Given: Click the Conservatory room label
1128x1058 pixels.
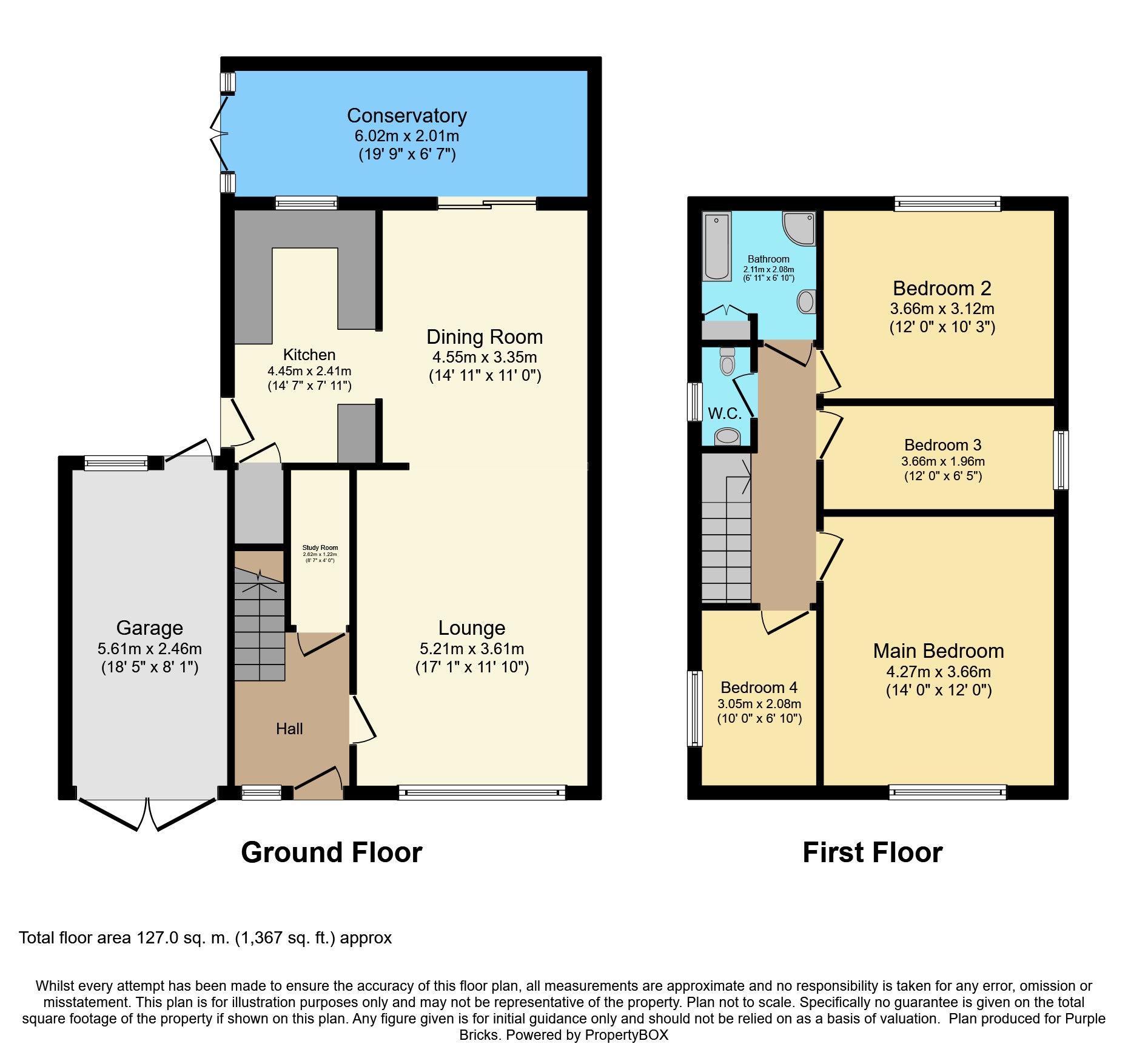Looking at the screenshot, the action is click(407, 115).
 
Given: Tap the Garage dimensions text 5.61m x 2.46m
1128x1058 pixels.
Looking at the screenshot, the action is click(150, 649).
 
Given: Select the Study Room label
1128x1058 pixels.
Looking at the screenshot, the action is click(320, 547).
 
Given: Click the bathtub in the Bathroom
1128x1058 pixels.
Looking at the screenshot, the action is click(717, 246).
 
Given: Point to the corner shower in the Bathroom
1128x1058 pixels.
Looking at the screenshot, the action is click(799, 228).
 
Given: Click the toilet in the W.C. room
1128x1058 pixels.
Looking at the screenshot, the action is click(727, 361).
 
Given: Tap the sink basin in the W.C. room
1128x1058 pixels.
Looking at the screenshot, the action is click(727, 436).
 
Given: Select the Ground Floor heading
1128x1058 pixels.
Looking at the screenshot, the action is click(332, 852).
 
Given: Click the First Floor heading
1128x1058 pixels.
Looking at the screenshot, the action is click(873, 852).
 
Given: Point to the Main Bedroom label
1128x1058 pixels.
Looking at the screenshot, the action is click(939, 651).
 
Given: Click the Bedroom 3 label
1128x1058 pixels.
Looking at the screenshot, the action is click(943, 445).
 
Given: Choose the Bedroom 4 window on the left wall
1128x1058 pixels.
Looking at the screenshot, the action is click(695, 708).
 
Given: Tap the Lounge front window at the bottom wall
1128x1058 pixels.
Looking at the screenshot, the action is click(482, 792).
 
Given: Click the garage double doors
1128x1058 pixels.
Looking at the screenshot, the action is click(147, 814).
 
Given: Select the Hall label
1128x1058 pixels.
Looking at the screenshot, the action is click(289, 729).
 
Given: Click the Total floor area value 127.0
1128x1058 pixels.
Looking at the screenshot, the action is click(158, 938).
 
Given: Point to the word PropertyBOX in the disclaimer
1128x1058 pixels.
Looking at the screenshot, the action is click(626, 1035).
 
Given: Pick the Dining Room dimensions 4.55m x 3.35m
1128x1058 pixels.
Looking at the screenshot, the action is click(485, 357).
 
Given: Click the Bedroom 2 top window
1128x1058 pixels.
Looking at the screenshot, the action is click(947, 204).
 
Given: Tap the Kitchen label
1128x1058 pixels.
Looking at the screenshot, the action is click(309, 355).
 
